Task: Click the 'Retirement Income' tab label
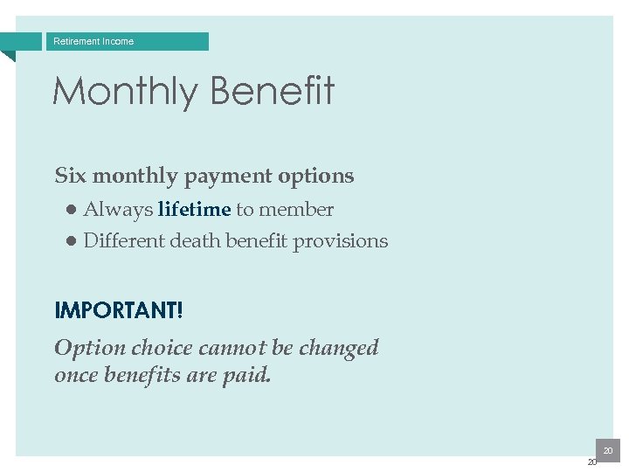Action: [93, 41]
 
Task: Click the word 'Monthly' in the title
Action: [125, 91]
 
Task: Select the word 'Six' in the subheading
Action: [71, 176]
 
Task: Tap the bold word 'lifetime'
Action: [194, 210]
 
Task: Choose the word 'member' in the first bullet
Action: [296, 210]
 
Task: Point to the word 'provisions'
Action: [340, 241]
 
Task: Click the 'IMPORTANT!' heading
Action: [119, 310]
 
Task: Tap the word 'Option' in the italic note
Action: [90, 348]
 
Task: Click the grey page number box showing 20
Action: [607, 450]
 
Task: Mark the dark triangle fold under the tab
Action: [8, 56]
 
